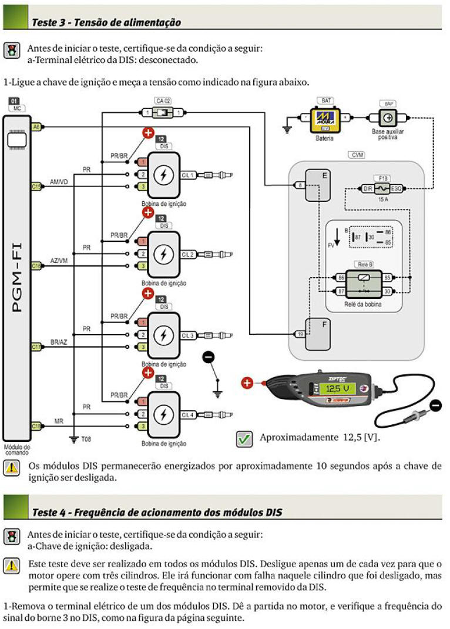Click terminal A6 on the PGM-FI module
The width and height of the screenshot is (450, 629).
[36, 127]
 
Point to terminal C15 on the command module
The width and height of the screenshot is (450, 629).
[36, 186]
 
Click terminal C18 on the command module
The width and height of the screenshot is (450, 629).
[36, 425]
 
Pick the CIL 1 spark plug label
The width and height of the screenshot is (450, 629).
[188, 175]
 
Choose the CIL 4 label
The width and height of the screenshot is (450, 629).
[188, 415]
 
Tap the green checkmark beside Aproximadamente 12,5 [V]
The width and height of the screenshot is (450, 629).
[244, 438]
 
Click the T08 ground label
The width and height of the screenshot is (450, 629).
[86, 438]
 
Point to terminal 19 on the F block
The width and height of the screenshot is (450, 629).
[300, 334]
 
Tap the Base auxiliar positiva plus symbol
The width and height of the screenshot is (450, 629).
[387, 117]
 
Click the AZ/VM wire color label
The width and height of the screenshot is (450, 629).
[59, 261]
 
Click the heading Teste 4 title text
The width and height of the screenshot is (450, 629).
[157, 512]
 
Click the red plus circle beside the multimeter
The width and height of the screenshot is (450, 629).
[247, 384]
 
